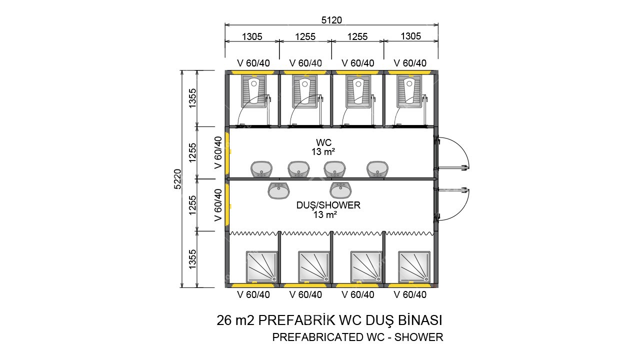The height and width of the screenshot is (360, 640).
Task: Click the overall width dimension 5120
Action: (331, 19)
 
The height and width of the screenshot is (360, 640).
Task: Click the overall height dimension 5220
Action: (177, 178)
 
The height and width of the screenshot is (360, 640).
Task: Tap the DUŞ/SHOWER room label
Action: (328, 205)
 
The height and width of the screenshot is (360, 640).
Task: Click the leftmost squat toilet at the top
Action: (253, 91)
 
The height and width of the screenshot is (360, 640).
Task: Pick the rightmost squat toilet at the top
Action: (409, 91)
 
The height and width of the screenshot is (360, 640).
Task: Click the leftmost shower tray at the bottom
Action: (261, 266)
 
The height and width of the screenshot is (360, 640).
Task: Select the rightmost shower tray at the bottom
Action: (414, 266)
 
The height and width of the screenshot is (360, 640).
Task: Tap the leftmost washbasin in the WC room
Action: (261, 169)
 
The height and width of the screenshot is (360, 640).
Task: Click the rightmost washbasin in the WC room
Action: (377, 169)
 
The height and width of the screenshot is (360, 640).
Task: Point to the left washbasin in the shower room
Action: (279, 190)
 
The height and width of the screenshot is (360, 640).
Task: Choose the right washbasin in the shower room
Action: (341, 190)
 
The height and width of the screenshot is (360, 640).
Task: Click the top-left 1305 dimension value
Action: (252, 36)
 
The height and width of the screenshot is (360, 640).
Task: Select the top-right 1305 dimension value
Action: (411, 36)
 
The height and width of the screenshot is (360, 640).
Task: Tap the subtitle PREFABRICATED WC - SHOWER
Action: (357, 337)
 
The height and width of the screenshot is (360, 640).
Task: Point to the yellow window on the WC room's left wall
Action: (227, 152)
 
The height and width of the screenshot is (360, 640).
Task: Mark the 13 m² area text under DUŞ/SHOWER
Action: (325, 214)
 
